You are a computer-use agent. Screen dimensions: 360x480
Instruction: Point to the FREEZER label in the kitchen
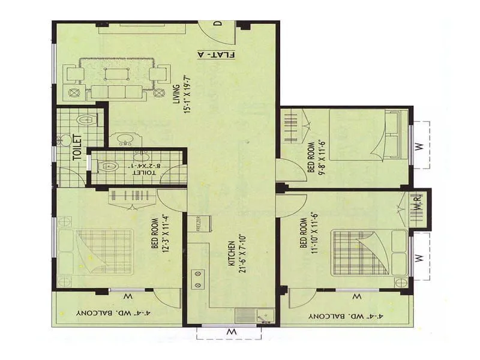coord(197,223)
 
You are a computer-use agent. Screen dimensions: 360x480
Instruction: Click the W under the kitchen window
coord(230,331)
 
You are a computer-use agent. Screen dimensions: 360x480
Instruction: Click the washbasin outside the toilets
coord(125,140)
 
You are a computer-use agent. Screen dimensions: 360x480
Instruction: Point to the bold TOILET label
coord(77,147)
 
